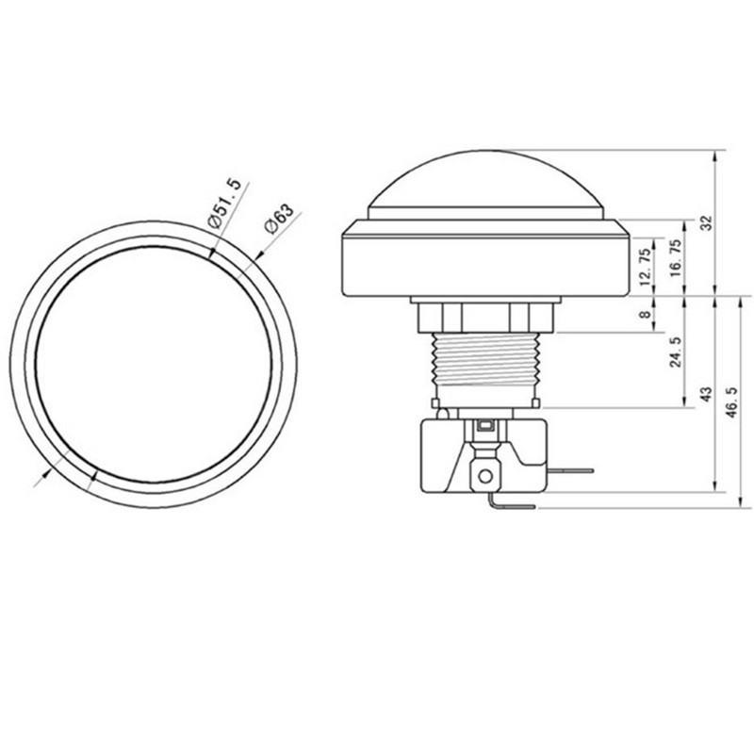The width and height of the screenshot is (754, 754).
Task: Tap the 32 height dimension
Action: (x=708, y=222)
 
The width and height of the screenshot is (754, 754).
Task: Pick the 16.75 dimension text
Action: (x=675, y=256)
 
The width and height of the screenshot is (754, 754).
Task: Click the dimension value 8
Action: (x=645, y=316)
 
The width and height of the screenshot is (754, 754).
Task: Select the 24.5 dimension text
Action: (x=675, y=351)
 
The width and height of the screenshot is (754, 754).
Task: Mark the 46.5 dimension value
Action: (x=735, y=402)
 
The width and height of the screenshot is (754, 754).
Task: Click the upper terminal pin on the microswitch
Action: (x=569, y=469)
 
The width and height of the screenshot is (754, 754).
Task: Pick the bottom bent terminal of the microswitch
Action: (x=509, y=506)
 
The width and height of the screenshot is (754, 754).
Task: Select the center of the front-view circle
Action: (x=154, y=364)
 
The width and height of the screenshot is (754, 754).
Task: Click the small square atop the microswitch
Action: (x=484, y=427)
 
